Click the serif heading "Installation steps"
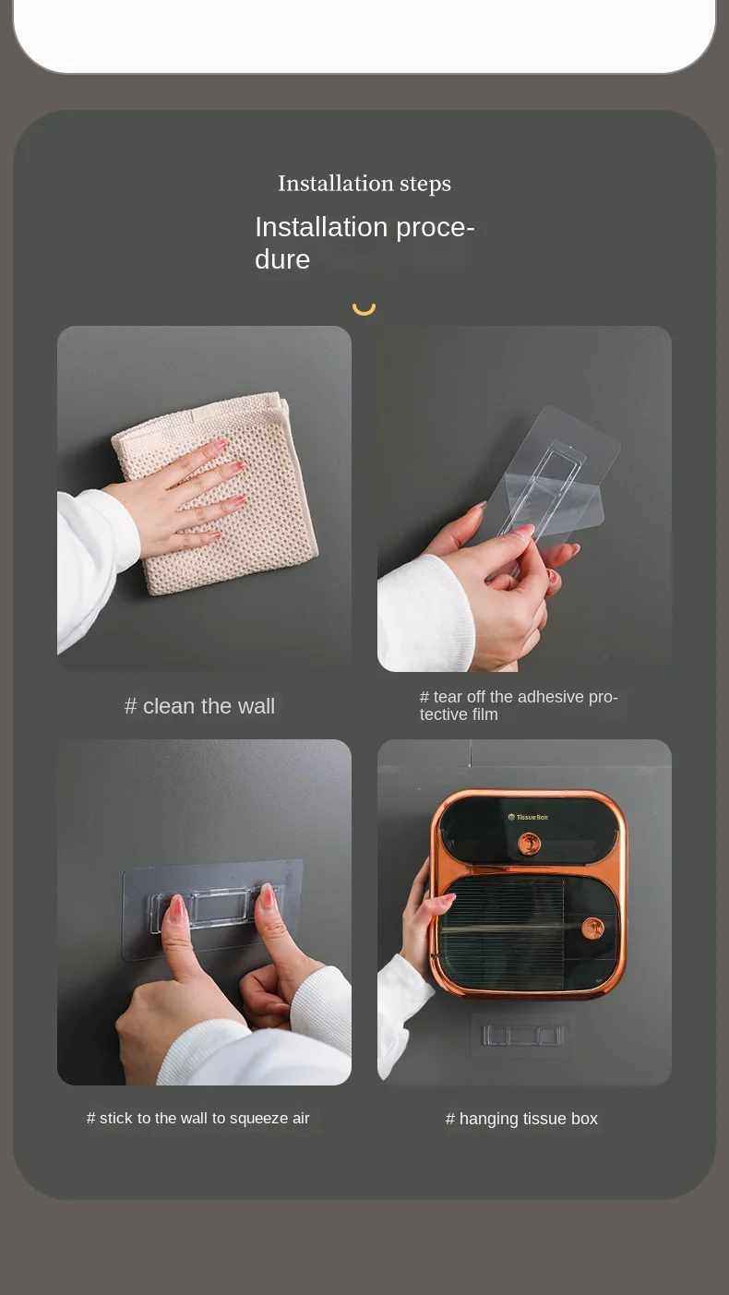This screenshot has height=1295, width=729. (x=364, y=184)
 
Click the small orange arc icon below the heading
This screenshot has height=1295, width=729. (x=364, y=307)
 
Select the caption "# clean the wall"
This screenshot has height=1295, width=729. (x=199, y=706)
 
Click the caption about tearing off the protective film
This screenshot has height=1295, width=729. (x=519, y=705)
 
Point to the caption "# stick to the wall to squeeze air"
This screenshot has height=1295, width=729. (x=198, y=1119)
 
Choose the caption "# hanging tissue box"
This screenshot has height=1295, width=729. (x=521, y=1119)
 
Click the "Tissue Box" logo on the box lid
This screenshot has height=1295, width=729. (x=528, y=817)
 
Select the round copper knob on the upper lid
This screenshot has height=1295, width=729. (x=529, y=843)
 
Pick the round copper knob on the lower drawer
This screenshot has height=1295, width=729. (x=592, y=928)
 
